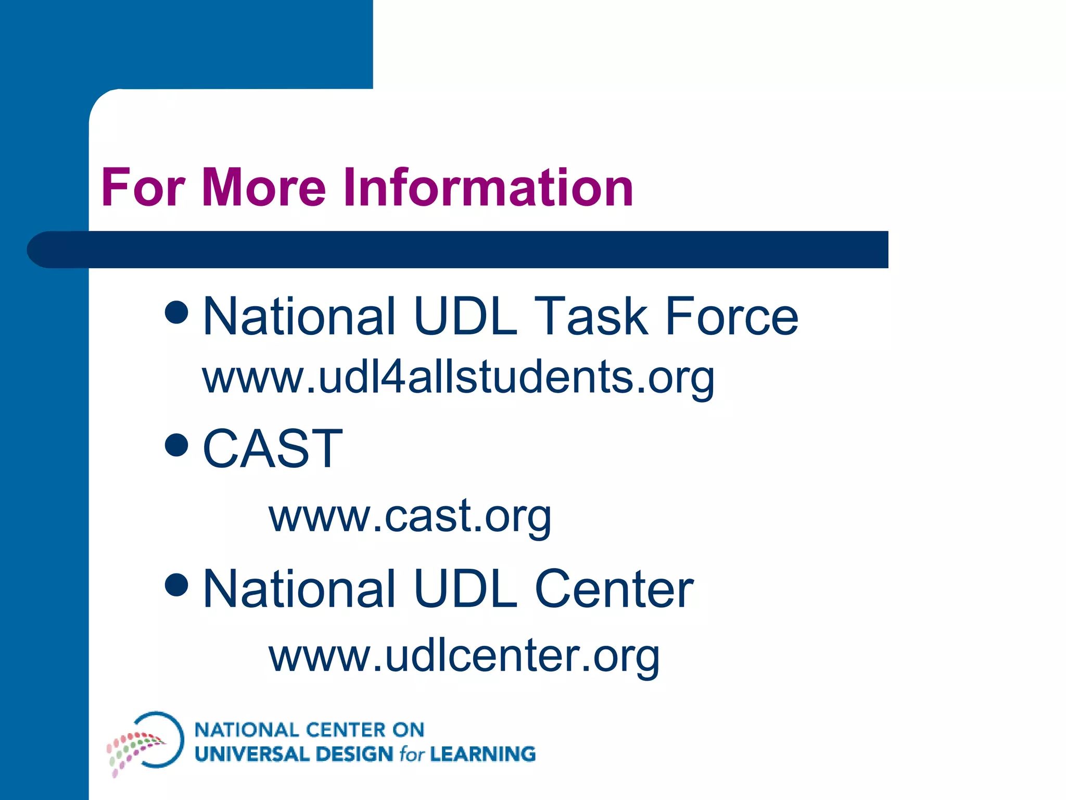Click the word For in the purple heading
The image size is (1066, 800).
(143, 187)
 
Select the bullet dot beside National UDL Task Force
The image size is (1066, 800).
(176, 312)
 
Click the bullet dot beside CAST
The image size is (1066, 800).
(176, 445)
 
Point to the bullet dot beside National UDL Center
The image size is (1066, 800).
(176, 584)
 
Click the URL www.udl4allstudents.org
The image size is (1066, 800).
(458, 377)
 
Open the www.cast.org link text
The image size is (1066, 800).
(410, 516)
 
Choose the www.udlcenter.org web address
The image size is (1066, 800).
(464, 655)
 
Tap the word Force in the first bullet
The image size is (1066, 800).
(731, 317)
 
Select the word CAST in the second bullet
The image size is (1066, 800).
(272, 448)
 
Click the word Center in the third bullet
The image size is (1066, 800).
(614, 589)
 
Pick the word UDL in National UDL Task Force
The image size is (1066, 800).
(466, 317)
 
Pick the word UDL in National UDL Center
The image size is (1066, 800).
(466, 589)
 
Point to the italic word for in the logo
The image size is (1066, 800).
(412, 754)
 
